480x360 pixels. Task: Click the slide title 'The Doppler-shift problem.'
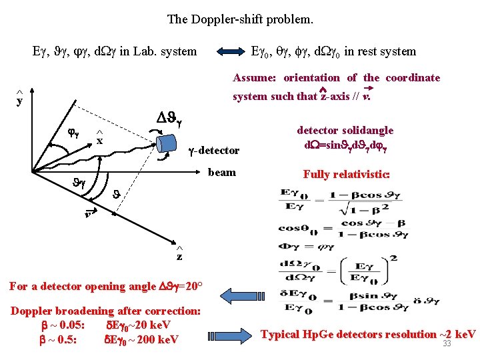(x=240, y=19)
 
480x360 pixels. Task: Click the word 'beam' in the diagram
(x=222, y=172)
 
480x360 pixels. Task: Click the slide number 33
(x=447, y=343)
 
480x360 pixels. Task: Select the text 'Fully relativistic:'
(x=346, y=175)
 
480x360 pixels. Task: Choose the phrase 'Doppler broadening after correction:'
(x=105, y=311)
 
